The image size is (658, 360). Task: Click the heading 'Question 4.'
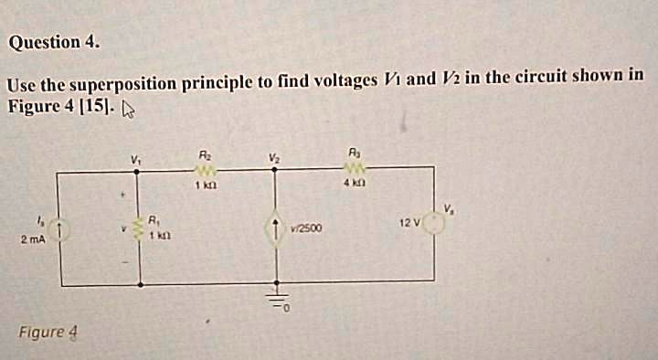click(x=54, y=42)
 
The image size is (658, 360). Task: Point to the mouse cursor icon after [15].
click(x=129, y=111)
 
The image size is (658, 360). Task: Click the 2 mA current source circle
click(x=58, y=231)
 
